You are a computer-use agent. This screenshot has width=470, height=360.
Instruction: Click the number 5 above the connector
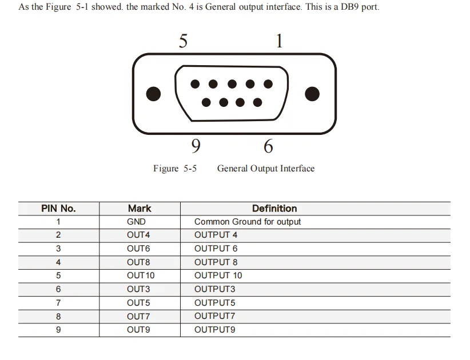[183, 41]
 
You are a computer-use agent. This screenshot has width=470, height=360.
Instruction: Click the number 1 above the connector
[279, 41]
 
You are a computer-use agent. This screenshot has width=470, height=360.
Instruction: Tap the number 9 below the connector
[196, 146]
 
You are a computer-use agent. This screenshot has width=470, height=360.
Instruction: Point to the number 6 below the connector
[268, 146]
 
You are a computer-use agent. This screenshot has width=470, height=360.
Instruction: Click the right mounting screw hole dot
[312, 94]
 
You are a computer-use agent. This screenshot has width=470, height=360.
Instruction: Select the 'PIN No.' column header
[58, 209]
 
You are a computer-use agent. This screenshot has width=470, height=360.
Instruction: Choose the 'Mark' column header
[140, 209]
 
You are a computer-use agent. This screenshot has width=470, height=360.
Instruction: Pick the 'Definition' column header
[274, 209]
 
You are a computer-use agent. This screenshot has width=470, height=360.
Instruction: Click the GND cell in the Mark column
[136, 222]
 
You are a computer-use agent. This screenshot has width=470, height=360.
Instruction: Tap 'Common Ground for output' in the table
[248, 222]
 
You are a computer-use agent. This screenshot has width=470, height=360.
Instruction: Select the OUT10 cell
[141, 275]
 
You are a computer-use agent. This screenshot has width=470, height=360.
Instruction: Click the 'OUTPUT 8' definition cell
[216, 262]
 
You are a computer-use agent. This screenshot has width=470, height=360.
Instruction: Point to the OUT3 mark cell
[138, 289]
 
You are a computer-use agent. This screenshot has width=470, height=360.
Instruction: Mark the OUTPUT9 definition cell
[214, 330]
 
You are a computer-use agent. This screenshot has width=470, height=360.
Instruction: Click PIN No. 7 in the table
[58, 303]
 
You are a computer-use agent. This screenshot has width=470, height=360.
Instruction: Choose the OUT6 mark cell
[138, 249]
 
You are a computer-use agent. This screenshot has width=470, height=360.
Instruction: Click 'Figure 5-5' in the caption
[175, 169]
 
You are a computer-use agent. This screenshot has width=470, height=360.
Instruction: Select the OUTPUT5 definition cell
[214, 303]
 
